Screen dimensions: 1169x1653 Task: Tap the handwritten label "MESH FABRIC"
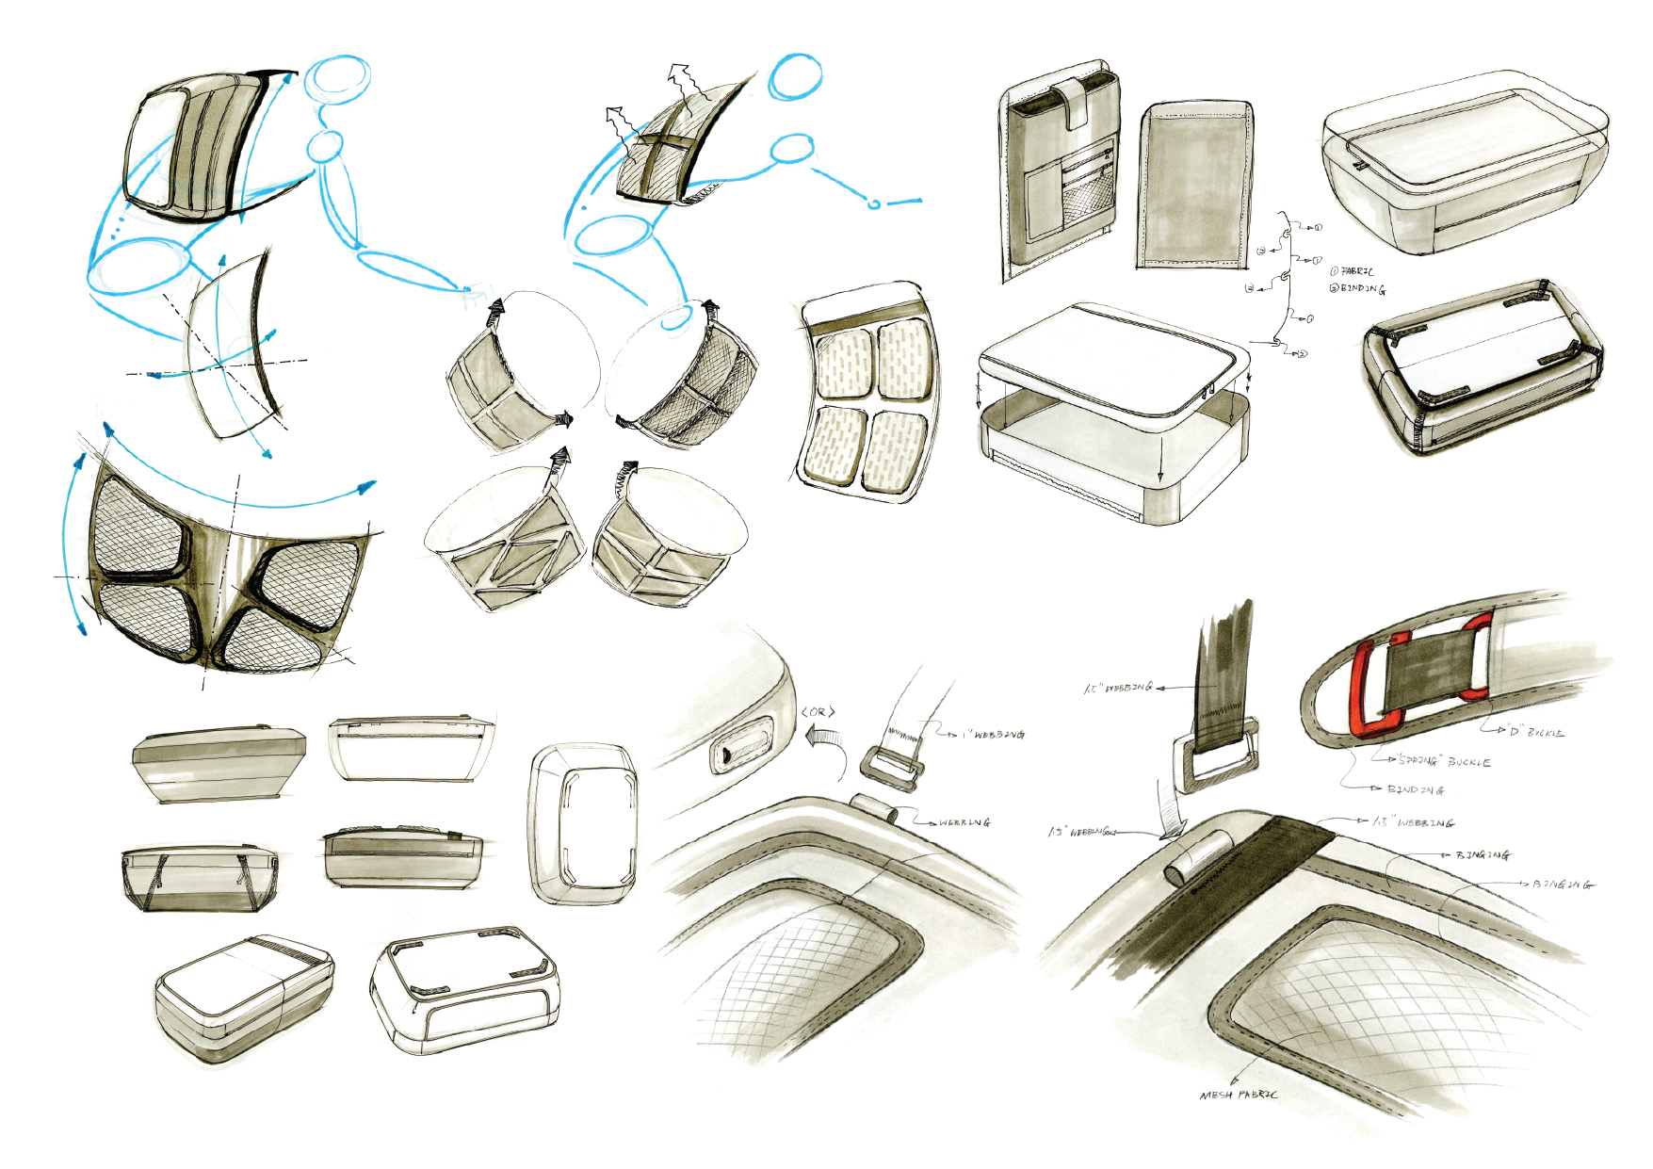pos(1239,1095)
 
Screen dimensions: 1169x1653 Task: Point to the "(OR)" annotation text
pos(818,712)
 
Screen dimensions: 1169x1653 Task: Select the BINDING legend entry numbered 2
pos(1357,289)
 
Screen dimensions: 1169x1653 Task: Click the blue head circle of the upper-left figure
pos(337,77)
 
